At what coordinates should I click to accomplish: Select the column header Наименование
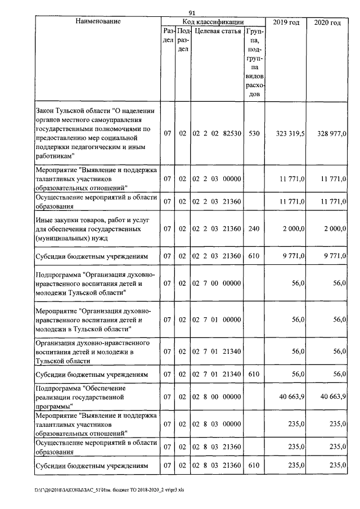click(x=97, y=21)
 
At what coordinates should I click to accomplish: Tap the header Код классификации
click(x=212, y=21)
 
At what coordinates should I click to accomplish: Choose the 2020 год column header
click(x=328, y=22)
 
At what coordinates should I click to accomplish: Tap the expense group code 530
click(x=254, y=134)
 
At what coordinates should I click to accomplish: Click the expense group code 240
click(x=254, y=228)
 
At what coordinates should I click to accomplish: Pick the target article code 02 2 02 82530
click(x=217, y=134)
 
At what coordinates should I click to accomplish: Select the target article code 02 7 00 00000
click(x=217, y=285)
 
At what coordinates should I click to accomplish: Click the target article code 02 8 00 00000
click(x=217, y=397)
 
